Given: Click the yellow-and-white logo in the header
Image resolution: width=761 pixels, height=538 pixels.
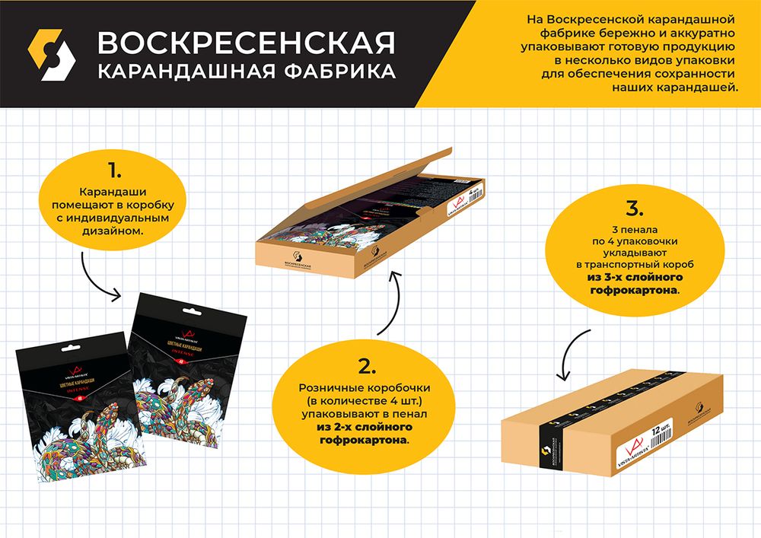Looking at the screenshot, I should [x=51, y=55].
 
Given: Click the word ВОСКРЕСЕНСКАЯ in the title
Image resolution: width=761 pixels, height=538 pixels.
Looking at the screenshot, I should [x=245, y=43].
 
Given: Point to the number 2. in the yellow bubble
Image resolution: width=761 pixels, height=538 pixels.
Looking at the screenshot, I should [x=368, y=366].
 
